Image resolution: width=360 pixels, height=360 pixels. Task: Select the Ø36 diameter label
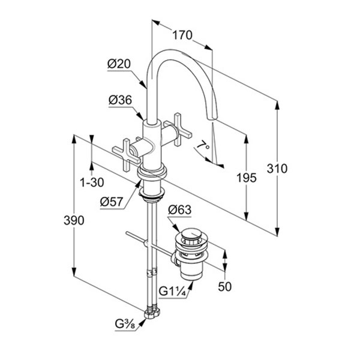click(x=121, y=101)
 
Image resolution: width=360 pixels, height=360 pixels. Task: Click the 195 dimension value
click(x=247, y=178)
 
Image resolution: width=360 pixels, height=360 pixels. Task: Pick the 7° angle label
click(x=206, y=146)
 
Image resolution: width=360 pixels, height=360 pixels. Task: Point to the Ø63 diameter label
click(x=179, y=209)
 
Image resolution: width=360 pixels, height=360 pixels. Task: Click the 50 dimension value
click(x=225, y=287)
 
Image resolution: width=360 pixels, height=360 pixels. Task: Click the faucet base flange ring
click(x=152, y=174)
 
